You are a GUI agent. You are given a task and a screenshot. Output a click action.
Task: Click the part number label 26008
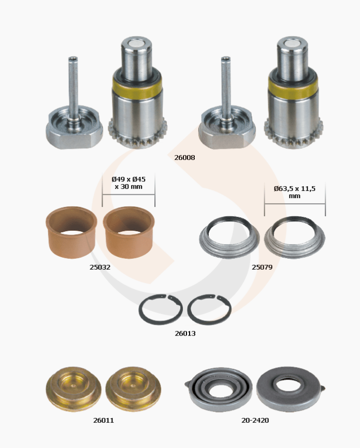[x=185, y=158]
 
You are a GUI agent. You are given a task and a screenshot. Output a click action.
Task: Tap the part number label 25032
[x=100, y=267]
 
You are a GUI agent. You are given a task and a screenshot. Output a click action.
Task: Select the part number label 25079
[x=262, y=267]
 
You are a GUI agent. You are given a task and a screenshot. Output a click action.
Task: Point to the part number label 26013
[x=185, y=333]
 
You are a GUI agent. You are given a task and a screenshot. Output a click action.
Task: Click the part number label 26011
[x=104, y=421]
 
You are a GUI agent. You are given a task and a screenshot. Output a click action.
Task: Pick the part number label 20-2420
[x=255, y=421]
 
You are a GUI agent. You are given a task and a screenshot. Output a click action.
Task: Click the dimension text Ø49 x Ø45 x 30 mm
[x=128, y=183]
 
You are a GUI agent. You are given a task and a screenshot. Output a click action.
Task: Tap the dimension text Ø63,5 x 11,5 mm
[x=295, y=192]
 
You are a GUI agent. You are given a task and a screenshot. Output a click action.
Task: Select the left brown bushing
[x=71, y=246]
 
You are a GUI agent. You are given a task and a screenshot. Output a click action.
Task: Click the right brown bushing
[x=128, y=246]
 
